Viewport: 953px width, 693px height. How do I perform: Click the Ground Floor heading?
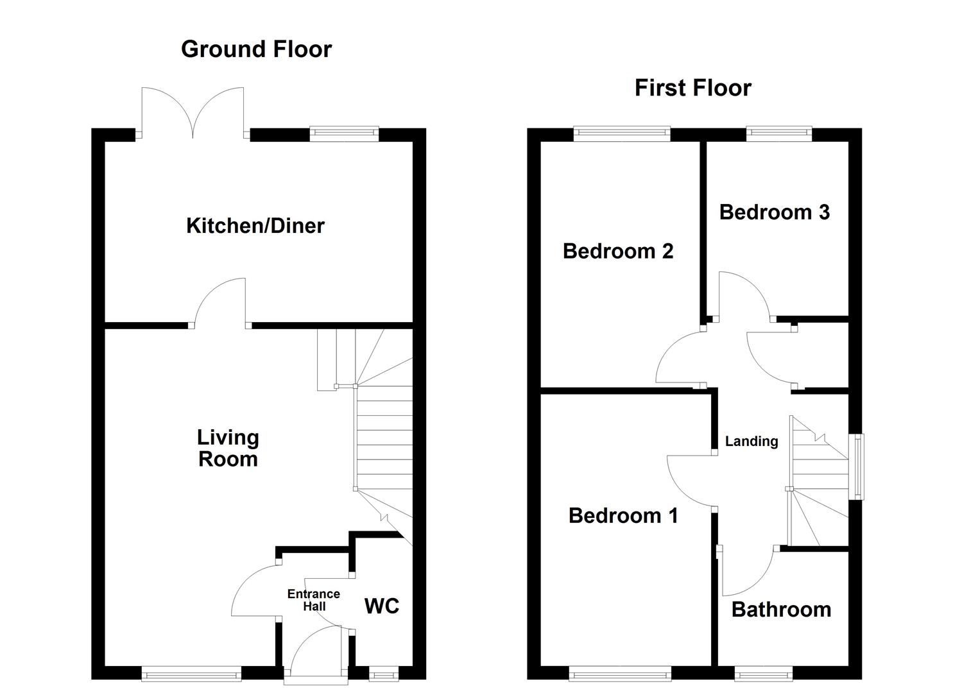click(257, 50)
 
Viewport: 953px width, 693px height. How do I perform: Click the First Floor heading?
click(693, 88)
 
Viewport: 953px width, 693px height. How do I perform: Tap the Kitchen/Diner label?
click(255, 225)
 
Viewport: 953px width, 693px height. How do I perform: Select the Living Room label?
click(228, 449)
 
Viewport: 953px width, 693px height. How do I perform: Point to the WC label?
click(382, 606)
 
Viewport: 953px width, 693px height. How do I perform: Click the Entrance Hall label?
click(314, 600)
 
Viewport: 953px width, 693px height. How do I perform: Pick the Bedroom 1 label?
click(623, 516)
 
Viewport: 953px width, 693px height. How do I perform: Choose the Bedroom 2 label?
click(618, 252)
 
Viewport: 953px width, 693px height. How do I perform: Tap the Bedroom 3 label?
click(775, 212)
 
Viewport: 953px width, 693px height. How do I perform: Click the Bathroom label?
click(782, 610)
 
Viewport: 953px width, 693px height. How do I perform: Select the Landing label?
click(751, 441)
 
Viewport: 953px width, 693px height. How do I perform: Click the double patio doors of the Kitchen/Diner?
click(193, 113)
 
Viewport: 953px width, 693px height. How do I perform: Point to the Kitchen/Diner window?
click(344, 133)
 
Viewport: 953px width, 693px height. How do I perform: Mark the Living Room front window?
click(191, 674)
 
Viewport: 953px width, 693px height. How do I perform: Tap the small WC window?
click(384, 674)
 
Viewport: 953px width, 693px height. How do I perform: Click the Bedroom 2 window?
click(622, 133)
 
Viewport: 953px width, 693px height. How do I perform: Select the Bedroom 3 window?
click(779, 133)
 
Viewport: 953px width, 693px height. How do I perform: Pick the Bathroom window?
click(764, 674)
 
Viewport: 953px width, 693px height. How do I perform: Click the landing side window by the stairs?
click(857, 466)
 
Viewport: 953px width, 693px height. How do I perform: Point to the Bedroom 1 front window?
click(621, 674)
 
